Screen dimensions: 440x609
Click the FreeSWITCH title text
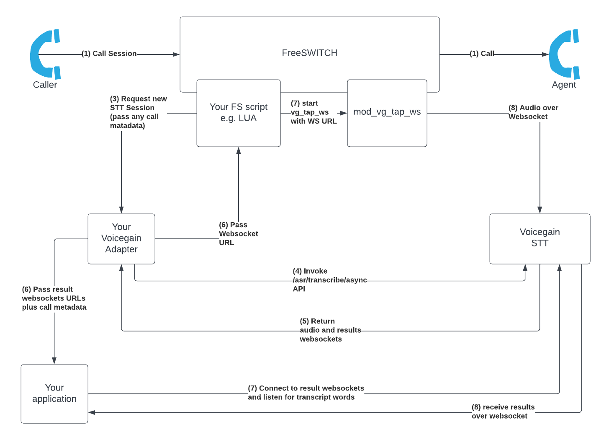309,53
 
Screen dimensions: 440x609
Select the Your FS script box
239,113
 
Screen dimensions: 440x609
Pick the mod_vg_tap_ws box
387,112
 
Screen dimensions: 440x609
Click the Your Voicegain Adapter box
121,238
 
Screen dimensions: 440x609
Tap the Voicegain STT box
540,238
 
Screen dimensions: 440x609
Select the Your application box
54,393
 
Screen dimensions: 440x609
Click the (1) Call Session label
109,54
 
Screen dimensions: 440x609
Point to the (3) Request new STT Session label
138,112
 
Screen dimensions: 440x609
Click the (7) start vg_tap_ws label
313,112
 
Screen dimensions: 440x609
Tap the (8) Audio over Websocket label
533,112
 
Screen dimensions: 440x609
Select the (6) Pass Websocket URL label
238,233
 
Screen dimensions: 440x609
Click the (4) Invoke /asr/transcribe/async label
329,280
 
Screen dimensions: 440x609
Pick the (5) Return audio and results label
330,330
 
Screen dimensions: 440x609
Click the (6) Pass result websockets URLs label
54,298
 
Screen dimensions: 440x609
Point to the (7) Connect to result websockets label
306,393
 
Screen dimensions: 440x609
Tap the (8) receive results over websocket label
503,412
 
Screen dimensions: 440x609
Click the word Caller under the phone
45,85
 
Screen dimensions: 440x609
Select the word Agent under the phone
564,85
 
